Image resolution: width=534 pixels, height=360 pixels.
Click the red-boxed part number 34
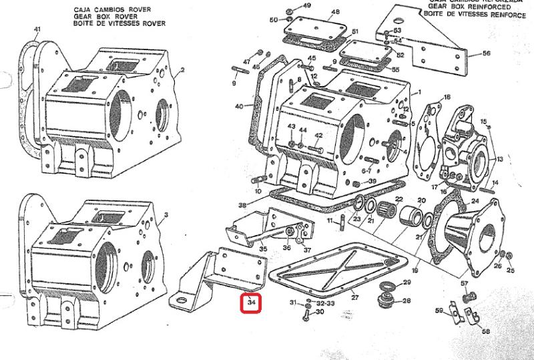251,304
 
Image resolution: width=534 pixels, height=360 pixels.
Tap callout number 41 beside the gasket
37,29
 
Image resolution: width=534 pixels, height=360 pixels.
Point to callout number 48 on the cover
335,12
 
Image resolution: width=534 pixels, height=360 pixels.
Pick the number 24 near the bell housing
475,200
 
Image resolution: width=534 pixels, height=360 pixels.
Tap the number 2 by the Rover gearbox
182,69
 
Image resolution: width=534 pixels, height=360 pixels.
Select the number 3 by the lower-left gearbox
166,215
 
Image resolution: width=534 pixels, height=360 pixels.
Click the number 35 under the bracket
263,249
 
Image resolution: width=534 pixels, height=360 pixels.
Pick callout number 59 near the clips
439,311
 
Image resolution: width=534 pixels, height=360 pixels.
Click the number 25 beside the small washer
511,271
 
